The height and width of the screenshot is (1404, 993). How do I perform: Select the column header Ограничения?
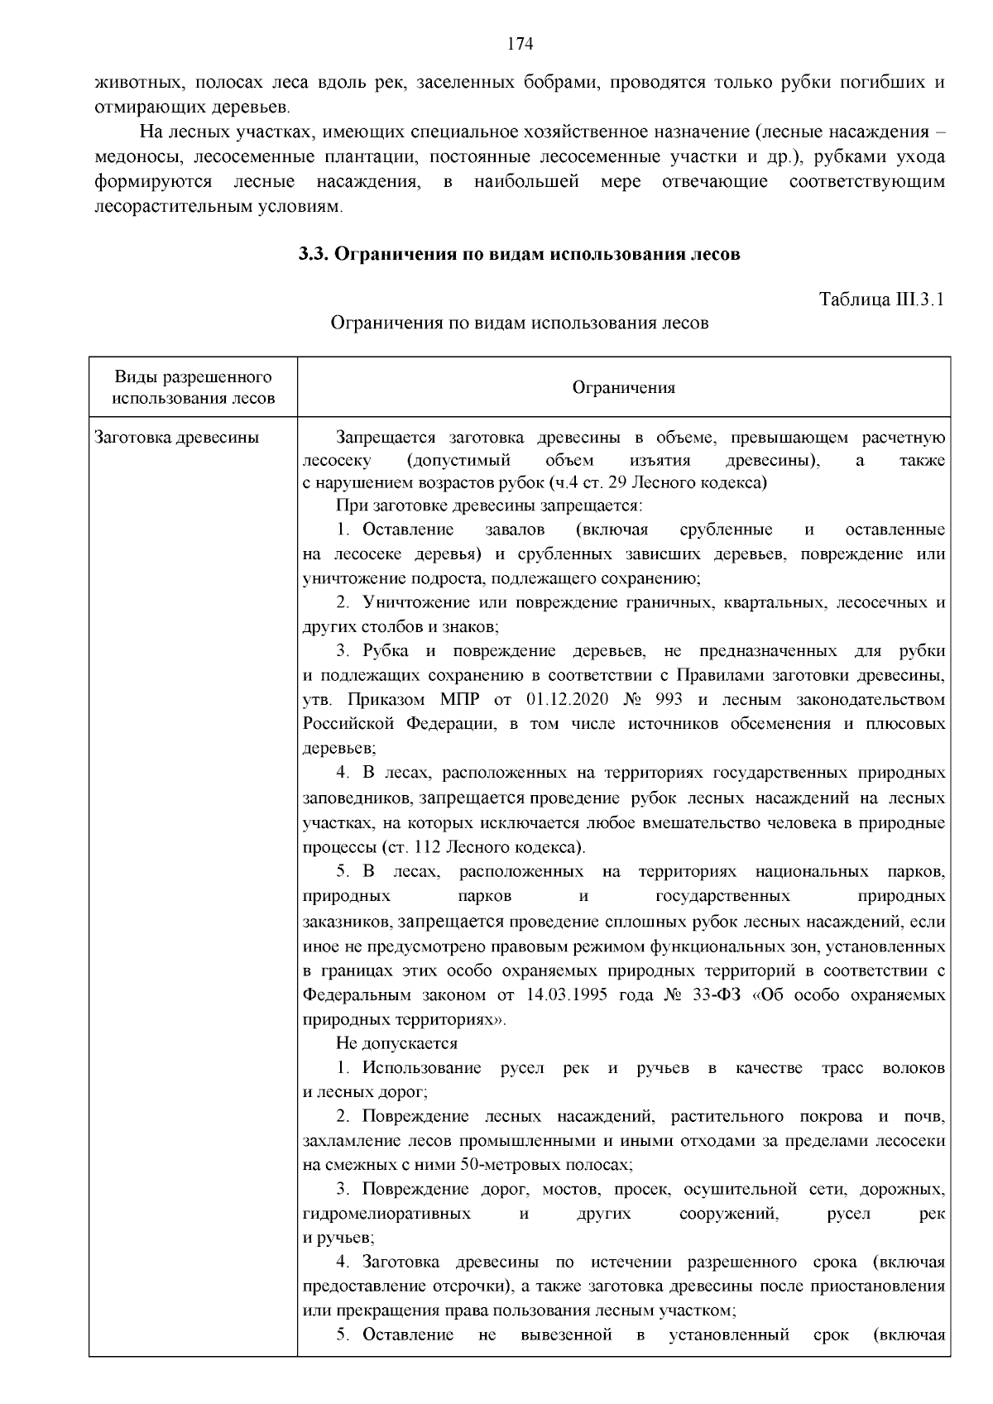point(623,387)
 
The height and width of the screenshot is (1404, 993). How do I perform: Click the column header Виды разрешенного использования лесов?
point(193,388)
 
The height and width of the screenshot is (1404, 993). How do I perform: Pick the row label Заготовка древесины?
point(177,438)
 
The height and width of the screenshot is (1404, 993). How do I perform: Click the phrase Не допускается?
point(396,1043)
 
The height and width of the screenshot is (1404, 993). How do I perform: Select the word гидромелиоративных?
point(386,1214)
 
